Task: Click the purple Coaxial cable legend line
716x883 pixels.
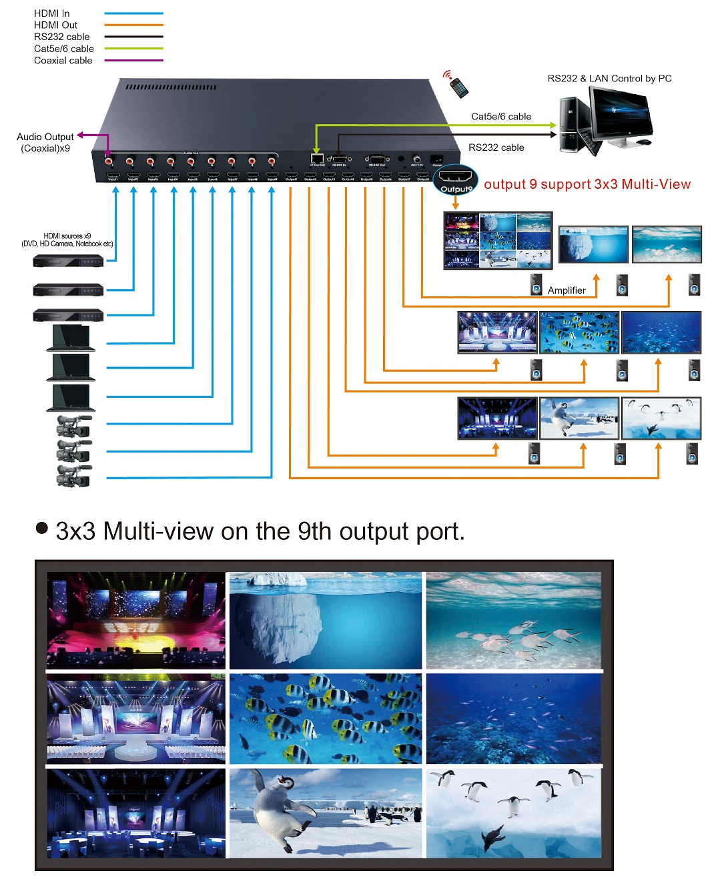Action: [133, 61]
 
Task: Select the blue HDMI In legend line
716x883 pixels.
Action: [133, 13]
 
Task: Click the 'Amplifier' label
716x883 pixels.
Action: [567, 290]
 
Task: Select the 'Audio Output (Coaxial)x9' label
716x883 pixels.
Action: [45, 142]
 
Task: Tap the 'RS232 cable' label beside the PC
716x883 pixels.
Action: [496, 148]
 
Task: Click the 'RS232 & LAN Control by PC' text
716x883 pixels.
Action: [609, 78]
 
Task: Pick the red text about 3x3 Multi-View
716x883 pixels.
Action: [587, 184]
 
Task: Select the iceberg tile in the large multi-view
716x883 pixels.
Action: [326, 620]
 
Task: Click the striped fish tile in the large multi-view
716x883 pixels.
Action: [326, 718]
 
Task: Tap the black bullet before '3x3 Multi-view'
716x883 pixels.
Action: [42, 529]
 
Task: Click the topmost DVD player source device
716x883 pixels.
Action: [68, 261]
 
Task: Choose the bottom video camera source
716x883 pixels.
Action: [73, 476]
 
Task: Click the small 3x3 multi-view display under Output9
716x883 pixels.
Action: [498, 240]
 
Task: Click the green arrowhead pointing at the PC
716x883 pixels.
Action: [553, 125]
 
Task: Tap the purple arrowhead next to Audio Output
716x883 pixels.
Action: [80, 135]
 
